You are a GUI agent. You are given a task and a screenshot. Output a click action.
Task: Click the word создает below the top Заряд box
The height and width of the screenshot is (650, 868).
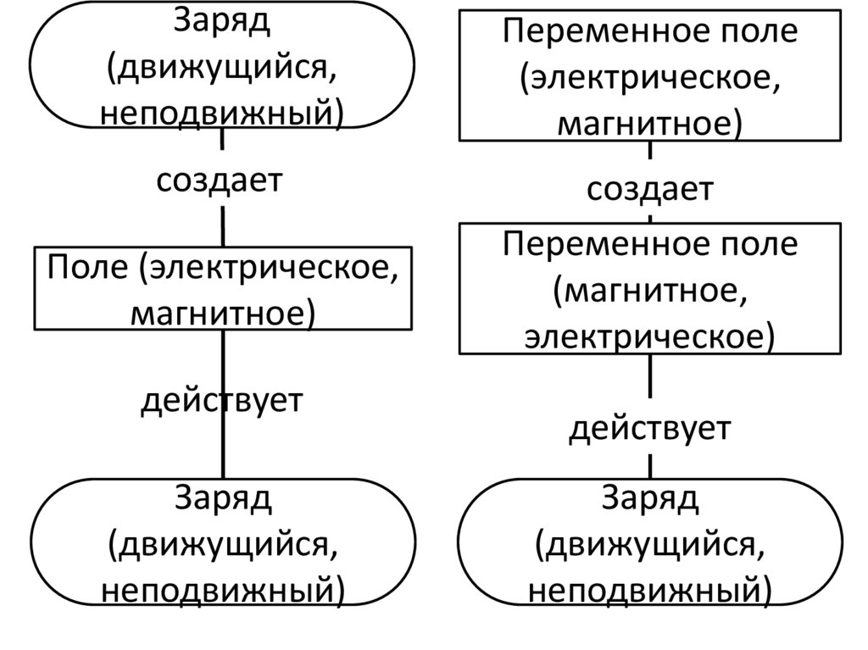219,181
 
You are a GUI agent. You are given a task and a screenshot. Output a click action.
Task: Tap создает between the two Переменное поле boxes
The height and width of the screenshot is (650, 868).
650,190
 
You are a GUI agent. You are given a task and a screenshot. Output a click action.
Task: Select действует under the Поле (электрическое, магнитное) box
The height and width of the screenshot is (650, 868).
221,400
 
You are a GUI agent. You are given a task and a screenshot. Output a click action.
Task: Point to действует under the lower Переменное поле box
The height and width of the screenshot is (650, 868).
650,429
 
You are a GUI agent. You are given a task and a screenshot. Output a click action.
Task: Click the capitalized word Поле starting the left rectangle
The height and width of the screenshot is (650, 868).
82,269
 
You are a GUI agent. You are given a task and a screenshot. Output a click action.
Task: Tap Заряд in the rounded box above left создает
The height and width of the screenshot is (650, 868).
223,21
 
